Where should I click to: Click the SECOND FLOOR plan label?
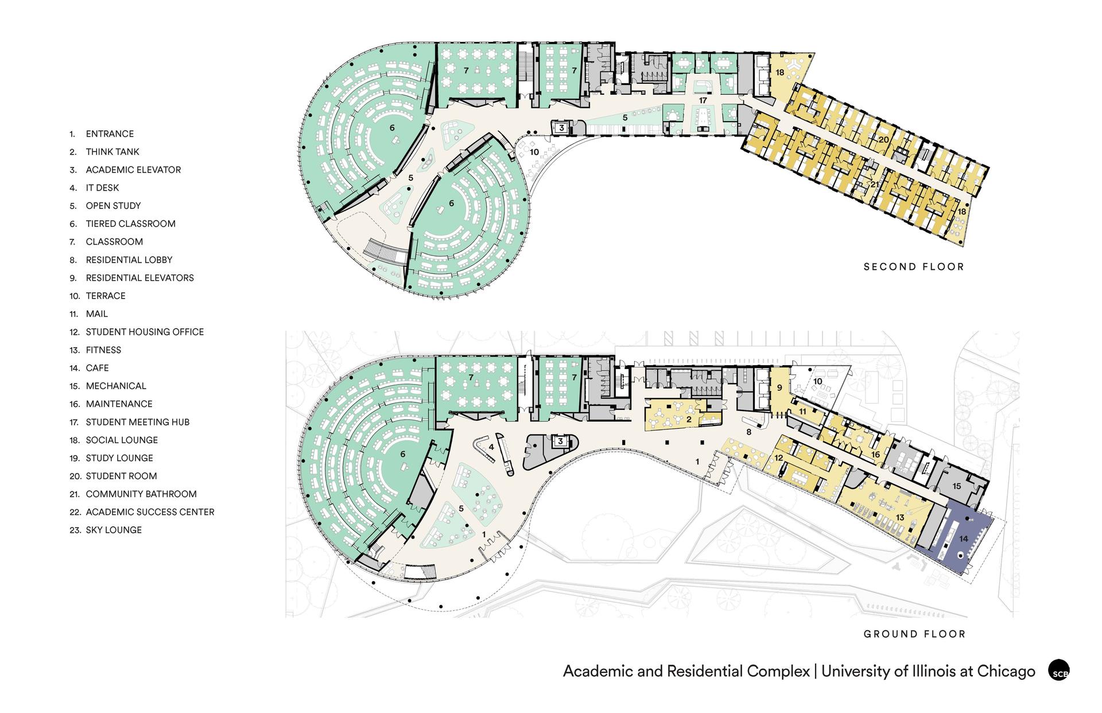pyautogui.click(x=914, y=267)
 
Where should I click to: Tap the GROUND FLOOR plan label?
pyautogui.click(x=914, y=634)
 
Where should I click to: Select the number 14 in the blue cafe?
pyautogui.click(x=963, y=538)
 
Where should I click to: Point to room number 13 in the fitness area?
pyautogui.click(x=900, y=518)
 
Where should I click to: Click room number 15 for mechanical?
pyautogui.click(x=957, y=486)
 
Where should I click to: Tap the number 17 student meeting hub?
pyautogui.click(x=703, y=100)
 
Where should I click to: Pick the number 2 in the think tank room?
pyautogui.click(x=689, y=420)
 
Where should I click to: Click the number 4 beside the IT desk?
pyautogui.click(x=491, y=447)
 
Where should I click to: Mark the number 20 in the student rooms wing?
pyautogui.click(x=883, y=139)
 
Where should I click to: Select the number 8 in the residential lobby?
pyautogui.click(x=748, y=432)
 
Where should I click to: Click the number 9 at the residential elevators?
pyautogui.click(x=779, y=388)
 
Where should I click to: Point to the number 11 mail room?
pyautogui.click(x=802, y=412)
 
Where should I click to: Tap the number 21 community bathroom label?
pyautogui.click(x=875, y=184)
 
